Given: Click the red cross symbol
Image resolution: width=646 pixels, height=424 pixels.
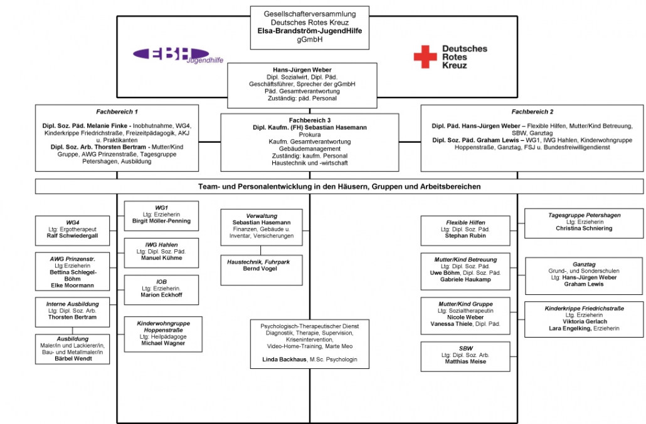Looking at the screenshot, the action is point(425,56).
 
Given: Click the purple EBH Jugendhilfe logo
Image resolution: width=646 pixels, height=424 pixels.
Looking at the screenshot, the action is point(178,55).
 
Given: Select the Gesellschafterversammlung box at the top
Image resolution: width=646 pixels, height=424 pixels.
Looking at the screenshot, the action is point(310,28).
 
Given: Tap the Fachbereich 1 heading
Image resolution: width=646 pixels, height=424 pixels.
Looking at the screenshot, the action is point(117,112).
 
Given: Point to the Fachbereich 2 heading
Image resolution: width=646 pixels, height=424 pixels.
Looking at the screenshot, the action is point(532,112).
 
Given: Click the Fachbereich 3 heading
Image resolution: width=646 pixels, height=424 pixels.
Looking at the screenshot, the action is point(310,120).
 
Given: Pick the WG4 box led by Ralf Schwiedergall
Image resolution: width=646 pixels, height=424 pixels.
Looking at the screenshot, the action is point(73,230).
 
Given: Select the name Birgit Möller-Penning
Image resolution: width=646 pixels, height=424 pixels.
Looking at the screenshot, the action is point(162,221).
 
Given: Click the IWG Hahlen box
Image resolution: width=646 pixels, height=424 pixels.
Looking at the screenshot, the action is point(162,253).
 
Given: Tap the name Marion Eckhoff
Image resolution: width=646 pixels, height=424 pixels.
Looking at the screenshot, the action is point(162,295).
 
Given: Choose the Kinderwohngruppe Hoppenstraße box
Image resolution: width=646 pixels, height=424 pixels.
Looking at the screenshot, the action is point(163,334).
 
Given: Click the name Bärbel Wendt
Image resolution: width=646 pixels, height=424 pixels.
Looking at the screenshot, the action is point(73,359).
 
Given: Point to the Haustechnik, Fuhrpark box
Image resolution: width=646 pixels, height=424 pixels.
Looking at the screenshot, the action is point(262,270).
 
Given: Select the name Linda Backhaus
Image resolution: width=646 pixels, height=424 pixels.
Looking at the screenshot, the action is point(284,359).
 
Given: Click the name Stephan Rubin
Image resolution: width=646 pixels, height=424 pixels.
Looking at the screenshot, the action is point(465,236).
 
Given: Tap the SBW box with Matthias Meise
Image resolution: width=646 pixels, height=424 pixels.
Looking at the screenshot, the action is point(465,356).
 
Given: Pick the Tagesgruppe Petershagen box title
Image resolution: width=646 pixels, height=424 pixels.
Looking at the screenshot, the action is point(584,215).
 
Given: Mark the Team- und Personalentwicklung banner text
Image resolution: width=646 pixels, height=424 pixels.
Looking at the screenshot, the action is point(339,187).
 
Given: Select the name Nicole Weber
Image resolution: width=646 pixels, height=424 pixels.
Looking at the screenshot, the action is point(465,318).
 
